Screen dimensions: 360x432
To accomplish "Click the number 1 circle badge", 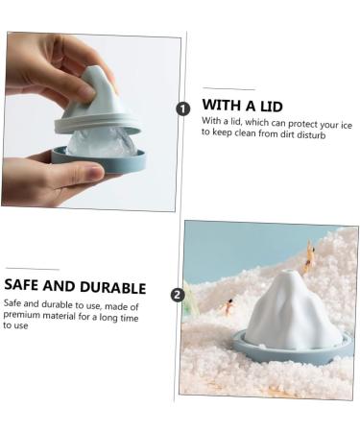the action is pyautogui.click(x=182, y=108).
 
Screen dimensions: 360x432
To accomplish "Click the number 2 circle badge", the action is pyautogui.click(x=178, y=295).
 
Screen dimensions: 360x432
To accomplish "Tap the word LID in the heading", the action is pyautogui.click(x=271, y=107).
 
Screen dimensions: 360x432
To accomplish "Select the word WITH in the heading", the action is pyautogui.click(x=222, y=105).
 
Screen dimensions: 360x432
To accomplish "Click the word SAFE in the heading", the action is pyautogui.click(x=21, y=284).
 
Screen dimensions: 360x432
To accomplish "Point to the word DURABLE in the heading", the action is pyautogui.click(x=113, y=287).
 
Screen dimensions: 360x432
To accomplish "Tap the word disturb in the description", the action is pyautogui.click(x=311, y=134).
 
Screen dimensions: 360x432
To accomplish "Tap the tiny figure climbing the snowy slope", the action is pyautogui.click(x=309, y=256).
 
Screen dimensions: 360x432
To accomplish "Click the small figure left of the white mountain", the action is pyautogui.click(x=228, y=307).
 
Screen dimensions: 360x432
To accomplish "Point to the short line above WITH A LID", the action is pyautogui.click(x=228, y=88).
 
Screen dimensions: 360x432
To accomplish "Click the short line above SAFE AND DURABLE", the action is pyautogui.click(x=33, y=269).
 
